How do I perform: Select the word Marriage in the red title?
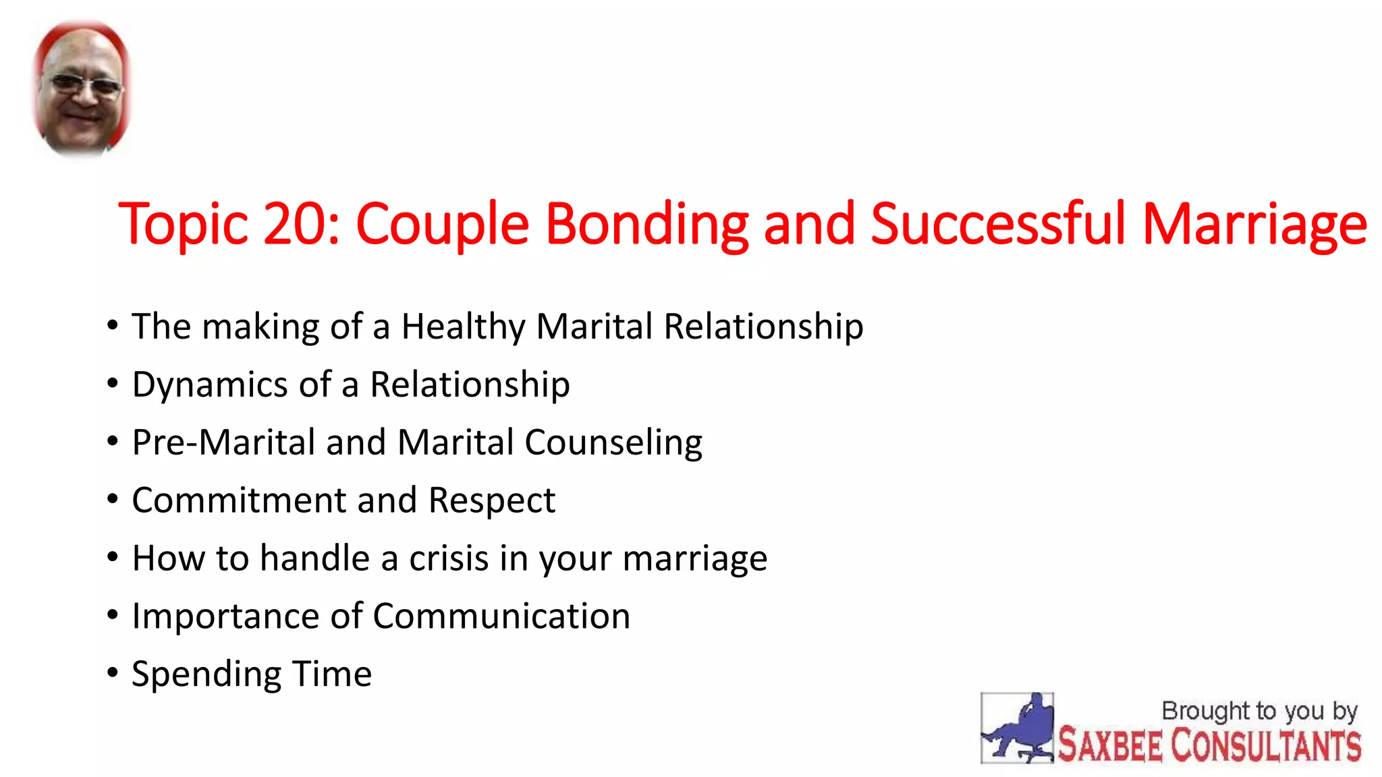point(1254,224)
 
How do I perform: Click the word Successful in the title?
point(998,224)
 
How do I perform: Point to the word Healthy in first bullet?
point(463,327)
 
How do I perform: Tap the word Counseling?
point(613,443)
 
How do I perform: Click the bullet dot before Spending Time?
point(113,672)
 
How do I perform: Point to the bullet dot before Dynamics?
point(113,383)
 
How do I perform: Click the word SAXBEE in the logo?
point(1110,746)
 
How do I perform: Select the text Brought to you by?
point(1259,711)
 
